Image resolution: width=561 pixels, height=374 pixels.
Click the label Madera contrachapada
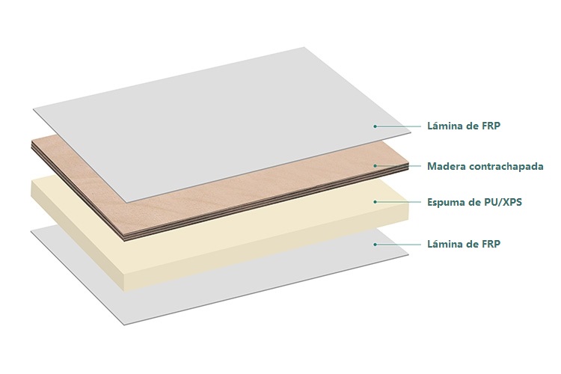(x=485, y=166)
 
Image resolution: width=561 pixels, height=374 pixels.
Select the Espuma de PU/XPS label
(x=474, y=202)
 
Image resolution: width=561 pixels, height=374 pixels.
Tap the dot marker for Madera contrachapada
(x=375, y=166)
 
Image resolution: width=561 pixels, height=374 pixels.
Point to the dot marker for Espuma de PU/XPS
(x=375, y=202)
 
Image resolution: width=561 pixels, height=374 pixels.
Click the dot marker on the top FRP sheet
(x=375, y=126)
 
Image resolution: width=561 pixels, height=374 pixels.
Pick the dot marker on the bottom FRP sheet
(x=375, y=244)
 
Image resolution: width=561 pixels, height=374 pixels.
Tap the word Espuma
(x=446, y=203)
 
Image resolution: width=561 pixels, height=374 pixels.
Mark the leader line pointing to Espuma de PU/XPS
(x=398, y=202)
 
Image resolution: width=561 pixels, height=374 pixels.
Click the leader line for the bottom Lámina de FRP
(x=398, y=244)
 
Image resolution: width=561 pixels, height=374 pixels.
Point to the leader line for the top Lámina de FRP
(x=398, y=126)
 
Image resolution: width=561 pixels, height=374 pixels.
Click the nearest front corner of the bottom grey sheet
(x=123, y=325)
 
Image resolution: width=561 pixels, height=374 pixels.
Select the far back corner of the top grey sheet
(x=304, y=47)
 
